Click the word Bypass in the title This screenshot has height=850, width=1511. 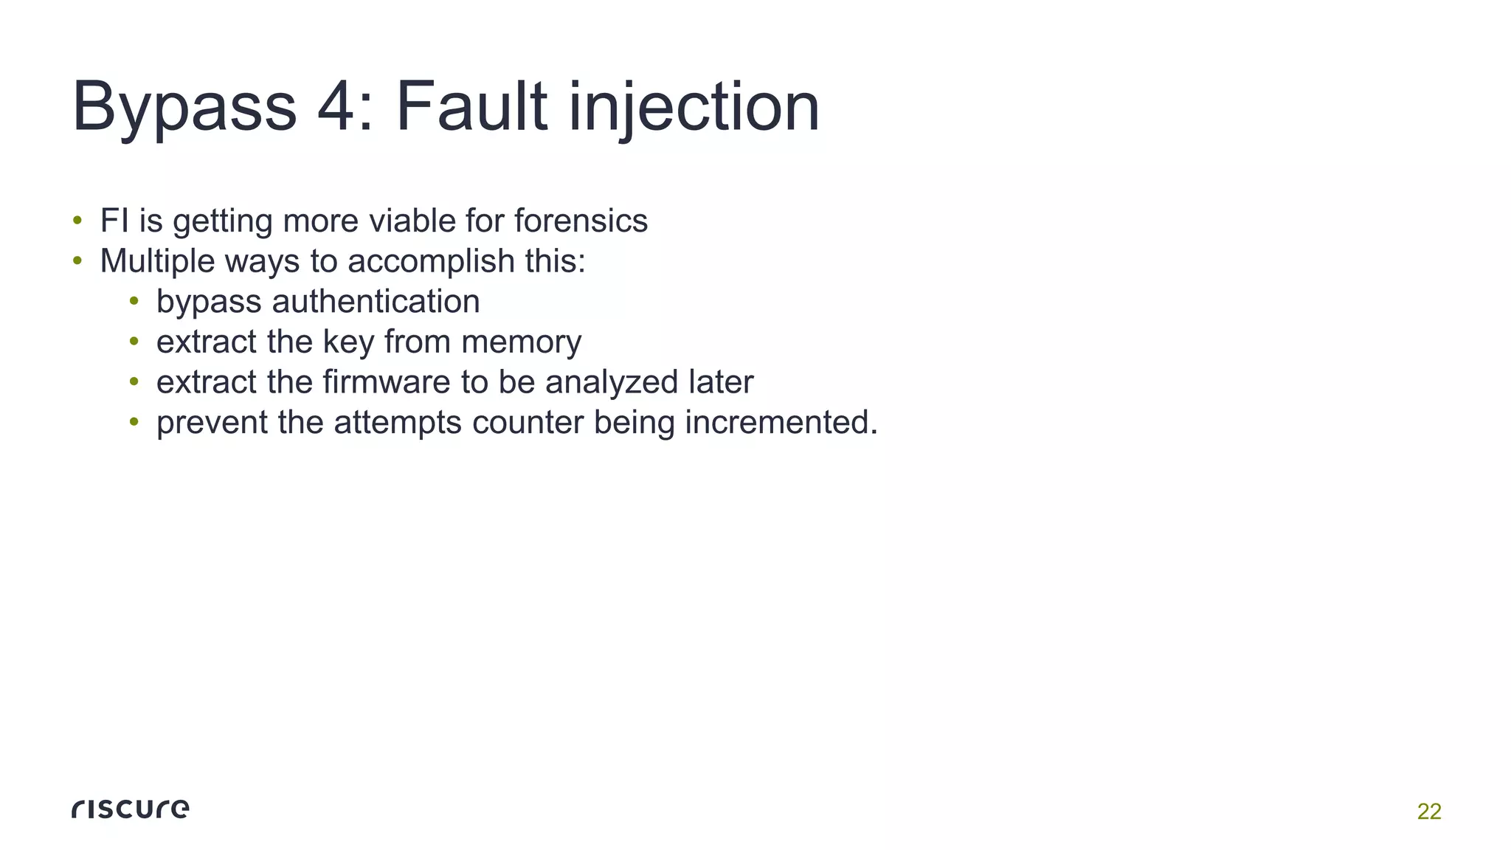184,108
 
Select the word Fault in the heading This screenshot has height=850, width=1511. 472,107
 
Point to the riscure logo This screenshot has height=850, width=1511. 131,809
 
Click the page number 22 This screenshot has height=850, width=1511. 1429,812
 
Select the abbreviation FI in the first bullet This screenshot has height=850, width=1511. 114,221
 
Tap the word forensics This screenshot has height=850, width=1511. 581,221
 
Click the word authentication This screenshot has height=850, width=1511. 376,302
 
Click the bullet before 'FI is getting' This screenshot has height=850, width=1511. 77,221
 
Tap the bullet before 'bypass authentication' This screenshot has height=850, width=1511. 134,301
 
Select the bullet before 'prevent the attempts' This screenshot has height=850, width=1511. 134,422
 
